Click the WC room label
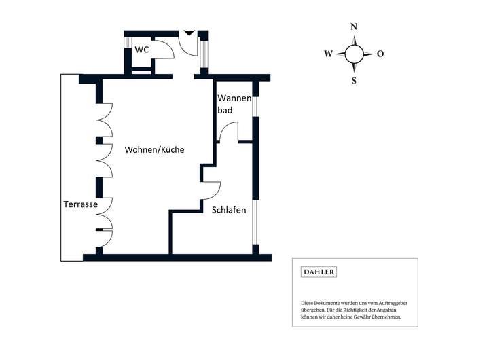(142, 50)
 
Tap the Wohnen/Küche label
(154, 149)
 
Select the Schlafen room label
(229, 210)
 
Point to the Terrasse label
(81, 204)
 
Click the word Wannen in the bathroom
(230, 98)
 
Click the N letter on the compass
(353, 27)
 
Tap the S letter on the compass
(354, 80)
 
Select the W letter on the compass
(329, 54)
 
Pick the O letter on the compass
(380, 54)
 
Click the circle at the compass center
(354, 54)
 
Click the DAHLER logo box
(319, 272)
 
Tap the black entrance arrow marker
(189, 33)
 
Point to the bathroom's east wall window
(256, 106)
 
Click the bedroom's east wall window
(256, 222)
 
